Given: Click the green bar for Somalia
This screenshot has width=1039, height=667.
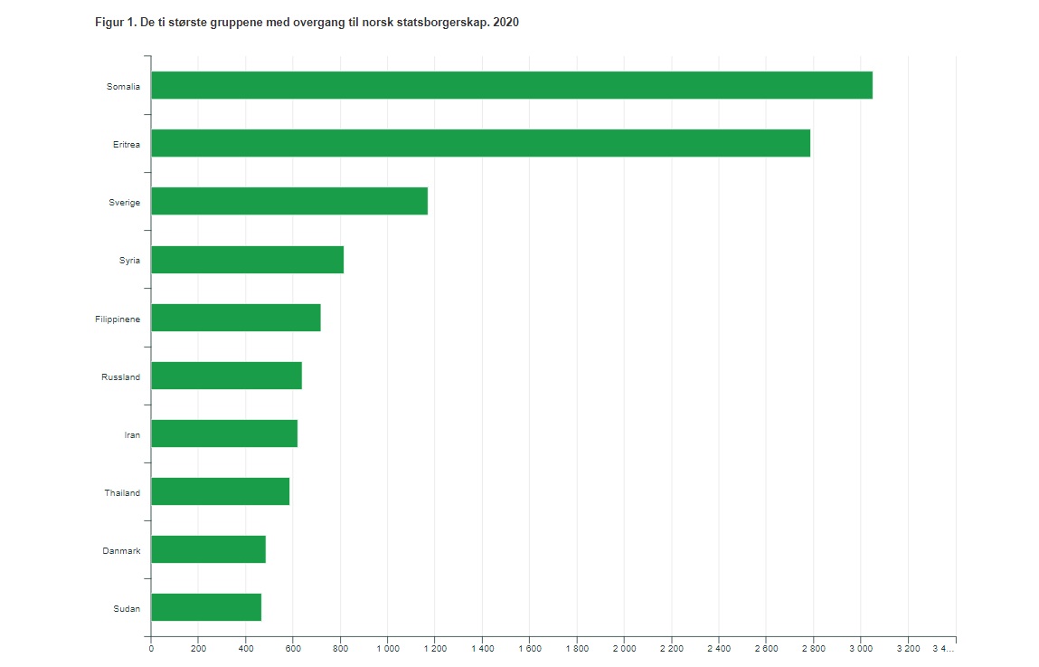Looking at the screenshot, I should point(511,85).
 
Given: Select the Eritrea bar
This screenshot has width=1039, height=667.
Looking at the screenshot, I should point(480,143).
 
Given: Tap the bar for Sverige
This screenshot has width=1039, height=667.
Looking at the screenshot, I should point(288,201).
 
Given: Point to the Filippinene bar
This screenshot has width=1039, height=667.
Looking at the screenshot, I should point(235,318).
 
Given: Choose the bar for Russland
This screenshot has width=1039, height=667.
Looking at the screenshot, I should point(226,376).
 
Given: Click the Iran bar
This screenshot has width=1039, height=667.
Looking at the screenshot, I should point(223,434).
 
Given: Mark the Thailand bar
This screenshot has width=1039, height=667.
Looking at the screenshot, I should point(220,491).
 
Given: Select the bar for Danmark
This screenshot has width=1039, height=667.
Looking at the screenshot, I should point(208,549).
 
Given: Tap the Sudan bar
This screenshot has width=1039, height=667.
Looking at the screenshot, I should point(205,607).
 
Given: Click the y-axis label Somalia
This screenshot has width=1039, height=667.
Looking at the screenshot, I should point(123,86).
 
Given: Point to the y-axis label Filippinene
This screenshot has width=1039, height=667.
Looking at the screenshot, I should point(118,319).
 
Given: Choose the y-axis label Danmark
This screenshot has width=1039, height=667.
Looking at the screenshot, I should point(121,550).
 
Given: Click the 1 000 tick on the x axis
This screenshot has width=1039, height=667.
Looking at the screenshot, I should point(387,649).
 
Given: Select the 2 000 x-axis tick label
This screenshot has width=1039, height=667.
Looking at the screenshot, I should point(624,649).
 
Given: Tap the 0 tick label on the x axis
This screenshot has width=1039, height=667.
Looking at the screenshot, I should point(151,649).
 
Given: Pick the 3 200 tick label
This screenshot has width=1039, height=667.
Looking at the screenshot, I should point(907,649).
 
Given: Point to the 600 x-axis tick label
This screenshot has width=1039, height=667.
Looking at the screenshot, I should point(293,649).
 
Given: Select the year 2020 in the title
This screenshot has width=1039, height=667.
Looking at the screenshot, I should point(506,22).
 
